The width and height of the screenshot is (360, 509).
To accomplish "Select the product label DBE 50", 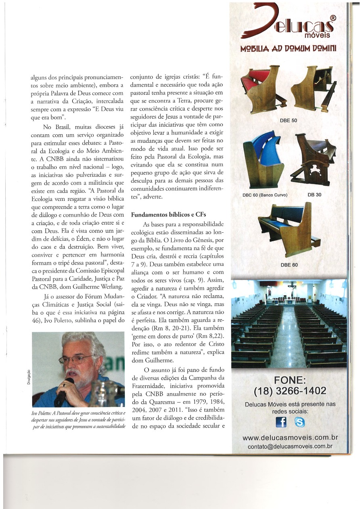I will [x=288, y=120].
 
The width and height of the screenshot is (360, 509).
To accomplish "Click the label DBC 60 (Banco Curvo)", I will [x=265, y=195].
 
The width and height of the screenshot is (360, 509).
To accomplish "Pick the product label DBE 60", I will [x=289, y=265].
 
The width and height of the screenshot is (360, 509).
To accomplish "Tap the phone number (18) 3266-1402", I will [x=290, y=391].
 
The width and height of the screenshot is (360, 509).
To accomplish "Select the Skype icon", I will [x=299, y=422].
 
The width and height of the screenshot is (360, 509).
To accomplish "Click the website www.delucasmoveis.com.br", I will [x=290, y=438].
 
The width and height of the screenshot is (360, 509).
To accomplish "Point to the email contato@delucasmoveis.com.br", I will [x=290, y=446].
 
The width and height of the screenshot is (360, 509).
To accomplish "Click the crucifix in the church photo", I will [x=289, y=289].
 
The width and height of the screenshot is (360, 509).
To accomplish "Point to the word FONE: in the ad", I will [x=290, y=380].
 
